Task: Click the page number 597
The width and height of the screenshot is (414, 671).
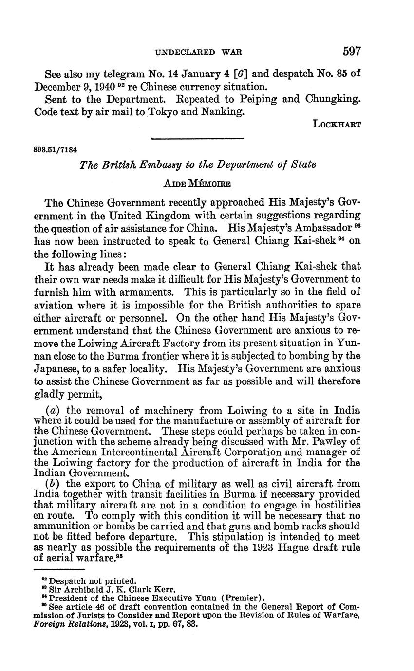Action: point(352,51)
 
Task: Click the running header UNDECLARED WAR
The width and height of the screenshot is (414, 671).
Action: point(198,52)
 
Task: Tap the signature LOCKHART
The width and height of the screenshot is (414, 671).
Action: point(337,124)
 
